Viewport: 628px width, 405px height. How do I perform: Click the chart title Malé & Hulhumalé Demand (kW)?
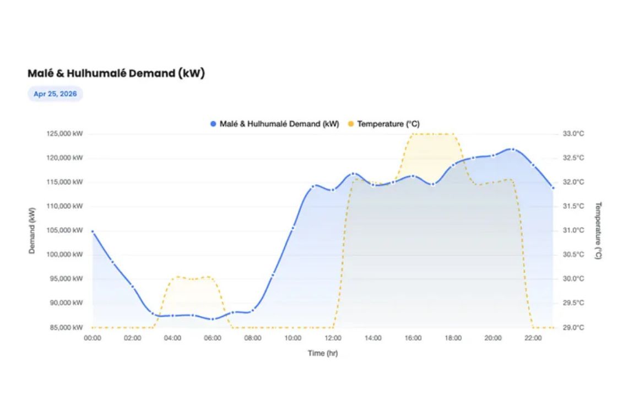(116, 73)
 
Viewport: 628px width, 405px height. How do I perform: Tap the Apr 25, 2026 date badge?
(55, 94)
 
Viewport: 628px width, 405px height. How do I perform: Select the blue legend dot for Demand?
(213, 124)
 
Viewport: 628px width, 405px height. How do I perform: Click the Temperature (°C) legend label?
(388, 124)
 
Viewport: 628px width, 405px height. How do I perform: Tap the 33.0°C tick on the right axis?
(573, 133)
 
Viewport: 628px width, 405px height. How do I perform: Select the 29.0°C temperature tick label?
(573, 327)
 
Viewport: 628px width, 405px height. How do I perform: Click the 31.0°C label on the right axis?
(573, 230)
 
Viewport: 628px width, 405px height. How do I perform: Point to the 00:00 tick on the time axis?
(92, 338)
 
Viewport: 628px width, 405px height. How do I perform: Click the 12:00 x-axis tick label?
(333, 338)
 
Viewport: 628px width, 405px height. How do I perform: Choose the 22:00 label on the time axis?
(533, 338)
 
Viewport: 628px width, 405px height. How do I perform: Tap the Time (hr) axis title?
(322, 353)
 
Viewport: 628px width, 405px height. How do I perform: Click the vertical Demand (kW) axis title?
(32, 230)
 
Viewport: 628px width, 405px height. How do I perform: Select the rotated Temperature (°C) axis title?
(598, 230)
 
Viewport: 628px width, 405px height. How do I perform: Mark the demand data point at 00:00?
(93, 231)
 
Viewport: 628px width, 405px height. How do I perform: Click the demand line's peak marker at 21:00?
(513, 149)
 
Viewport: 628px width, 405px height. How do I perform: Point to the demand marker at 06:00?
(213, 319)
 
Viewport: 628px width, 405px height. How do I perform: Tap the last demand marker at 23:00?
(553, 188)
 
